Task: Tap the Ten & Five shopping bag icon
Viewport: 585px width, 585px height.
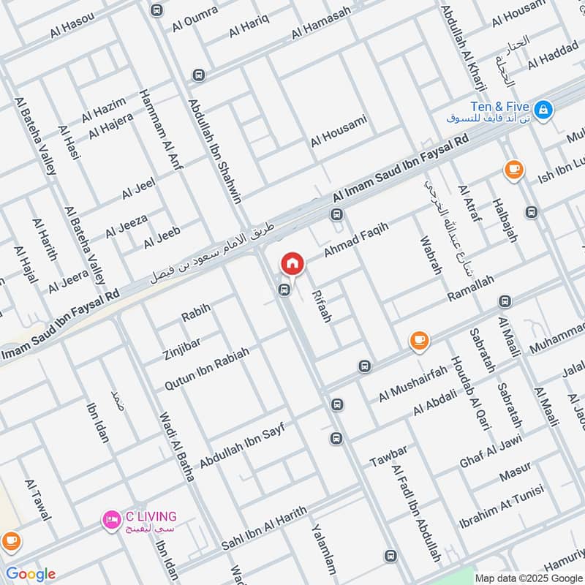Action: pos(543,110)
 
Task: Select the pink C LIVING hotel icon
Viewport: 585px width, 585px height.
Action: pos(111,519)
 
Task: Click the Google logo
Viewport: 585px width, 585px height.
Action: pos(30,574)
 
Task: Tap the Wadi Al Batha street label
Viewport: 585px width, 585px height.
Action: pos(177,446)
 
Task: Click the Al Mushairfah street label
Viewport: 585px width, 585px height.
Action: pos(413,385)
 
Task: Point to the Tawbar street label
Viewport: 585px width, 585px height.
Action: pos(388,456)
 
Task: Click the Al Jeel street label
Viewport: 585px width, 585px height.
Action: pos(139,189)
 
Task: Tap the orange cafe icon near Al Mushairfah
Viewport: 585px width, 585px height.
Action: pos(419,340)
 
